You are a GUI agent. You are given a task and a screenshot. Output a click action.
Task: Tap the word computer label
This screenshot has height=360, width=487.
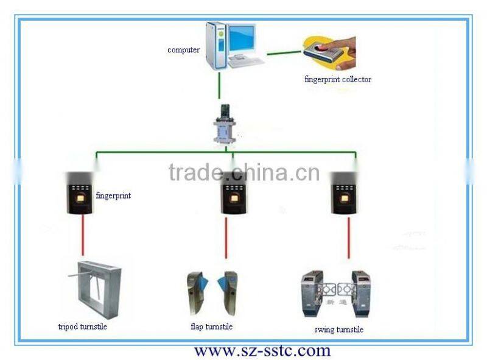[x=183, y=50]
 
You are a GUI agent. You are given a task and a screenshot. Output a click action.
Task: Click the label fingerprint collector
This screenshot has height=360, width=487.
[x=338, y=79]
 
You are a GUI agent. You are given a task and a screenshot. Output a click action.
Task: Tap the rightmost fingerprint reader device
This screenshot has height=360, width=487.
[x=343, y=192]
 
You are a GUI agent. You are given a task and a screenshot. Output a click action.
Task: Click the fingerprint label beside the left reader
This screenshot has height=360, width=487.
[x=113, y=196]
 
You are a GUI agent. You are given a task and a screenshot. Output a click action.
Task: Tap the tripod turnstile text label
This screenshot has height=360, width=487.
[x=83, y=326]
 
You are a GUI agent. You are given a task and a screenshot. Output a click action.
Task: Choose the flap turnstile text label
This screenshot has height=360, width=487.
[x=211, y=327]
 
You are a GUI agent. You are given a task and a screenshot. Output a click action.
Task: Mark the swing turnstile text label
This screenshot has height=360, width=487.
[x=338, y=330]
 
